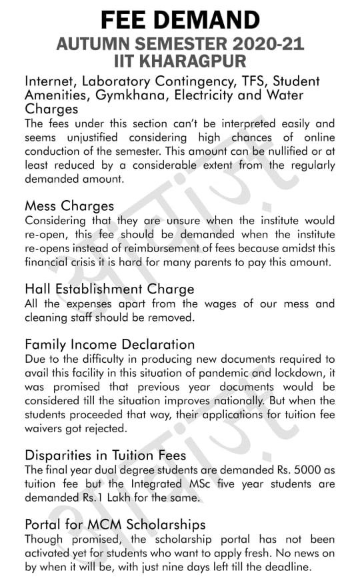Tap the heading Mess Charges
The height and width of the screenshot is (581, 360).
(x=69, y=205)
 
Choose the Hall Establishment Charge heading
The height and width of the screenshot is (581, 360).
(x=109, y=289)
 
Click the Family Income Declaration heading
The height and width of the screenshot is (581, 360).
(x=110, y=345)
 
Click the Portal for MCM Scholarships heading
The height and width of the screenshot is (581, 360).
(x=115, y=525)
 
